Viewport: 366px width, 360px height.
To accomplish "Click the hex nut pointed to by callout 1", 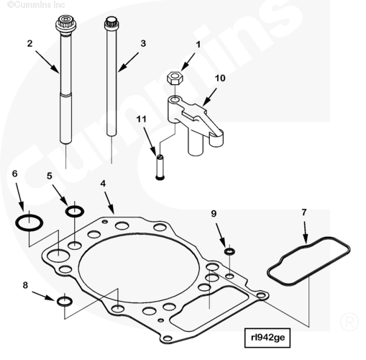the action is coord(175,78).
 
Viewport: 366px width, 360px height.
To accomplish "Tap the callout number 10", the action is coord(220,78).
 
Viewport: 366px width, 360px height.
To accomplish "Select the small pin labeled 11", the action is coord(160,167).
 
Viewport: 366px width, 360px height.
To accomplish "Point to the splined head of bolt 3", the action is coord(111,23).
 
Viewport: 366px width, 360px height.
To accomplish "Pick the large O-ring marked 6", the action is coord(29,222).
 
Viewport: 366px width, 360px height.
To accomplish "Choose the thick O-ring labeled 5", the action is coord(75,212).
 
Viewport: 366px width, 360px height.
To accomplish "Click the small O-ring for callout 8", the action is coord(65,302).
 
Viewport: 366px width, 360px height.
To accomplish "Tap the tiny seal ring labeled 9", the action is coord(229,251).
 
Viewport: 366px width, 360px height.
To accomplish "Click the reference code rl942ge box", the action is coord(267,338).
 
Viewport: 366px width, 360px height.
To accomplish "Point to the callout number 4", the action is coord(103,184).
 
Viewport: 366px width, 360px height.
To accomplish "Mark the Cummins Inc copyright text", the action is coord(36,4).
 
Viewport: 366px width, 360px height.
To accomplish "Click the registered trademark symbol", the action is coord(349,322).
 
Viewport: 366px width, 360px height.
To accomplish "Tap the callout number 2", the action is coord(29,43).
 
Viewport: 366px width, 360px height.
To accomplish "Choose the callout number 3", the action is coord(143,43).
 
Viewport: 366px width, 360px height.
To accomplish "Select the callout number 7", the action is coord(304,212).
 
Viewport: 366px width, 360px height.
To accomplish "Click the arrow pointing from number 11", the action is coord(150,141).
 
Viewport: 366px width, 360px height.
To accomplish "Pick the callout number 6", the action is coord(15,174).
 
